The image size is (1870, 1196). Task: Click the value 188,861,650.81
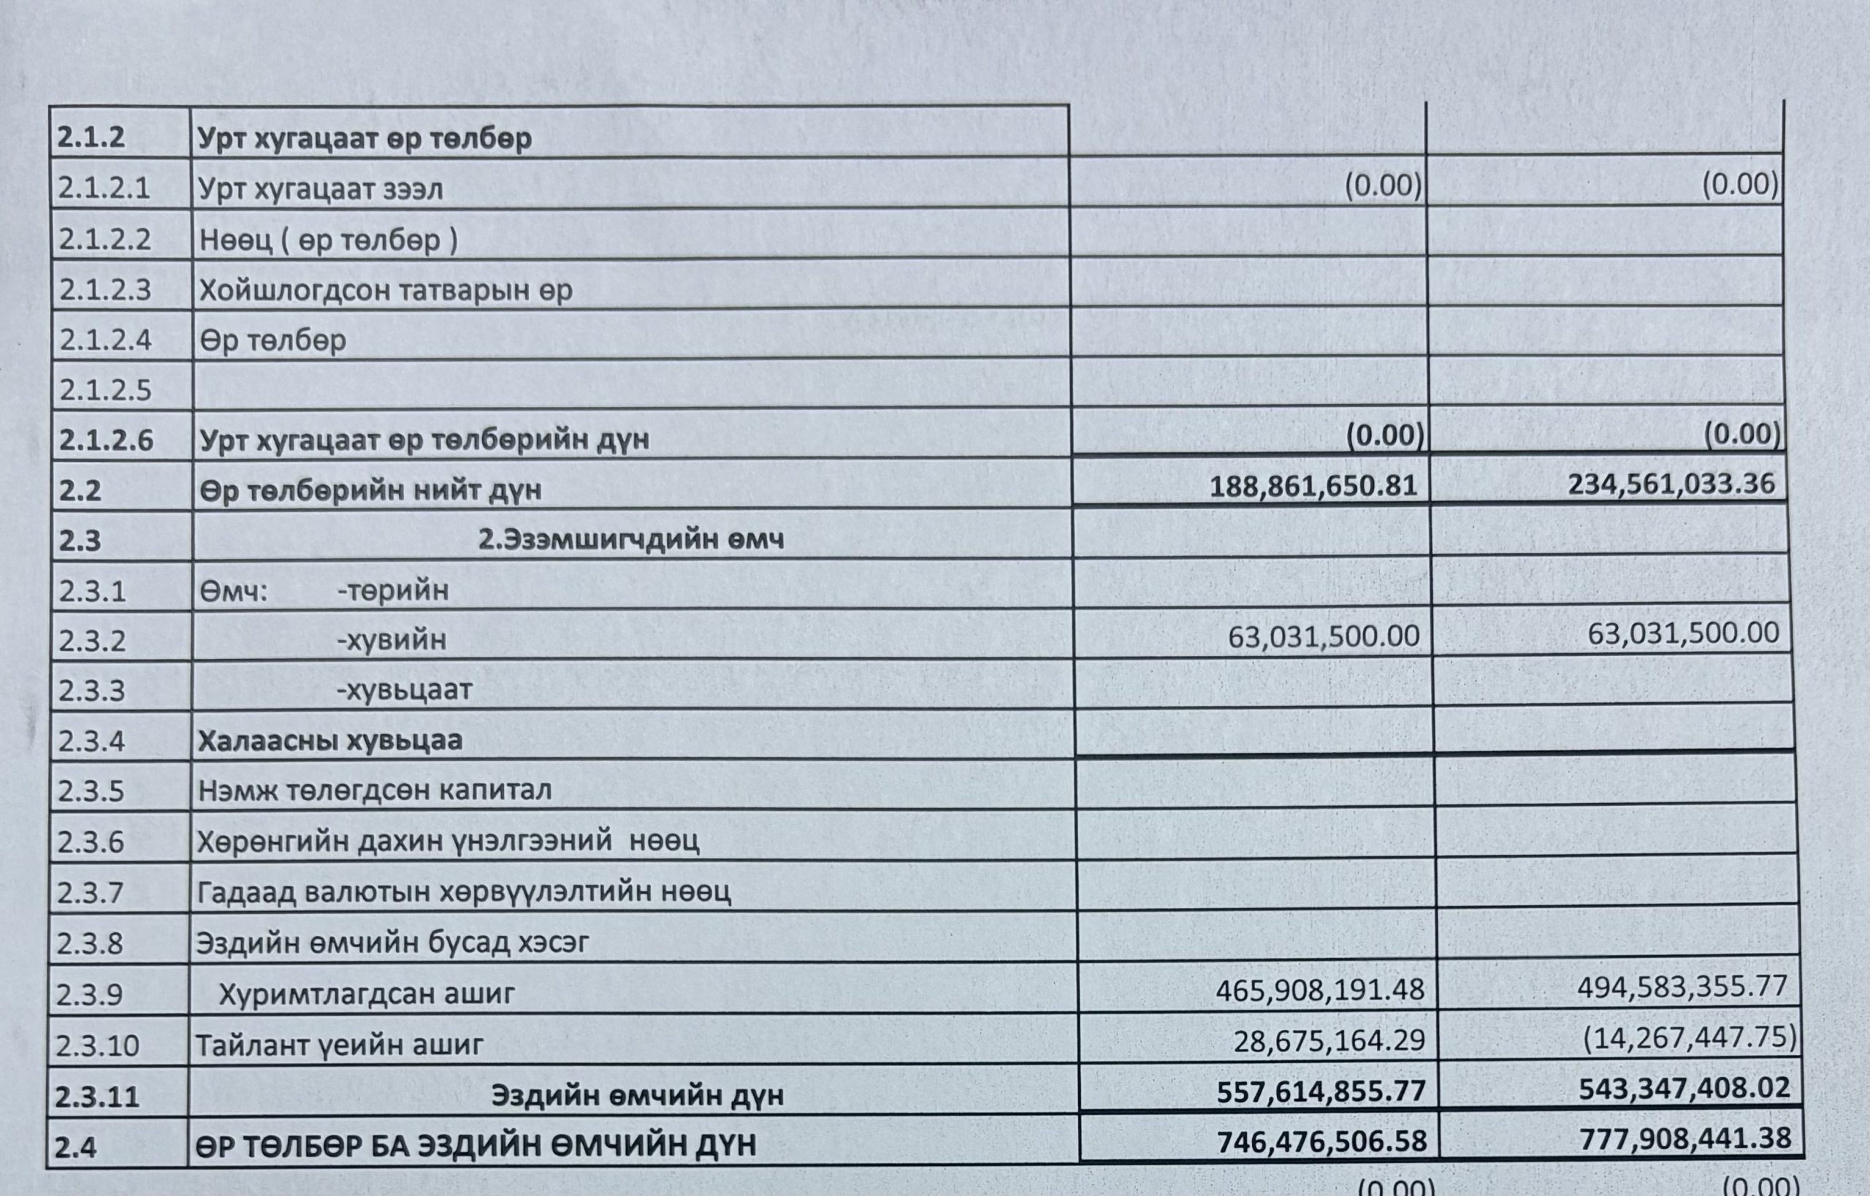pyautogui.click(x=1313, y=487)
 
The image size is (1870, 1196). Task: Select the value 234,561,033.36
pyautogui.click(x=1671, y=484)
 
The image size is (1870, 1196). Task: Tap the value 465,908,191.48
pyautogui.click(x=1319, y=990)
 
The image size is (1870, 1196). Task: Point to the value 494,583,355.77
pyautogui.click(x=1682, y=987)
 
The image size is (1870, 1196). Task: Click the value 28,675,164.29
pyautogui.click(x=1329, y=1040)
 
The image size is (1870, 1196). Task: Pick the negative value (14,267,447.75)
pyautogui.click(x=1689, y=1037)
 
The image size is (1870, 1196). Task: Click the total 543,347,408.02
pyautogui.click(x=1684, y=1089)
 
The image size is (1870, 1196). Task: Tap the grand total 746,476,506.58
pyautogui.click(x=1321, y=1142)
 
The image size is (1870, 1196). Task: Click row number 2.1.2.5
pyautogui.click(x=105, y=390)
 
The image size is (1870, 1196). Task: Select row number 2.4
pyautogui.click(x=75, y=1147)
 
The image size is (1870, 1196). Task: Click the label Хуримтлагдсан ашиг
pyautogui.click(x=366, y=994)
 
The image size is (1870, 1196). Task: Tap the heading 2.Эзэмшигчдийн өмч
pyautogui.click(x=630, y=539)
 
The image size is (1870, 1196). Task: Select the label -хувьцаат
pyautogui.click(x=404, y=690)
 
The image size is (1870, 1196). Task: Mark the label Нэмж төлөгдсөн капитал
pyautogui.click(x=374, y=791)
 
